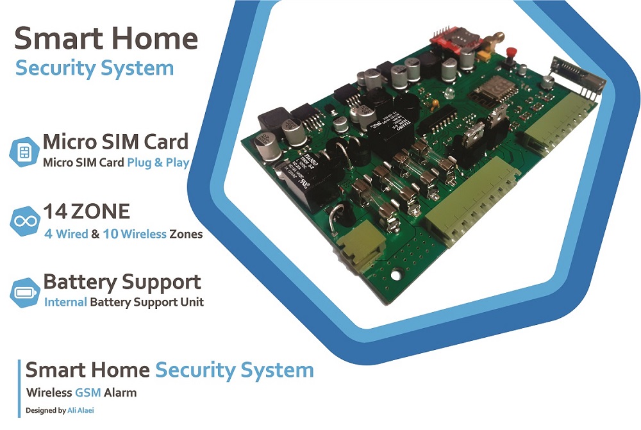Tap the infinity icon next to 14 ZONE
click(x=24, y=221)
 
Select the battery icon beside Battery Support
click(x=24, y=292)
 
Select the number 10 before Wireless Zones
click(x=110, y=234)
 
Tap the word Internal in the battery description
click(x=65, y=301)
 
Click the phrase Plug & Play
click(x=158, y=162)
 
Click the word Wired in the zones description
click(x=71, y=234)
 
